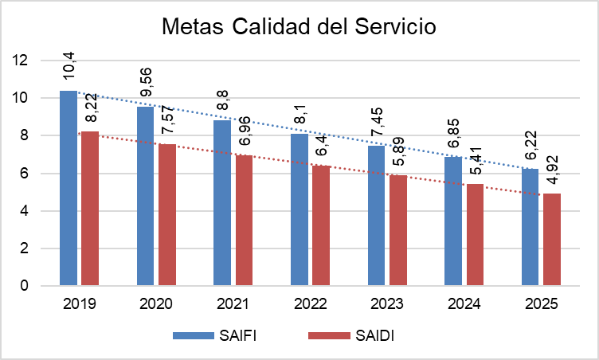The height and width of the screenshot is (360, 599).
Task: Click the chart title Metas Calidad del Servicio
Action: click(x=299, y=25)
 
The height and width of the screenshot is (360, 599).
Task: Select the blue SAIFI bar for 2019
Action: click(x=69, y=188)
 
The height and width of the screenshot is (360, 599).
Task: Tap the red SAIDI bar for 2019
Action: click(x=90, y=209)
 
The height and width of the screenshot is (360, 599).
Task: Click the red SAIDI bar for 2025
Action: click(x=552, y=239)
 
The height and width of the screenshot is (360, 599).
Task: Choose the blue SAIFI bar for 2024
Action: click(x=453, y=221)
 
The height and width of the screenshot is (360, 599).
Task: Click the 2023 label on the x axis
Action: click(x=387, y=304)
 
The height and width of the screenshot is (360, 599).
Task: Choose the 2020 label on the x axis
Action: click(x=156, y=304)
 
